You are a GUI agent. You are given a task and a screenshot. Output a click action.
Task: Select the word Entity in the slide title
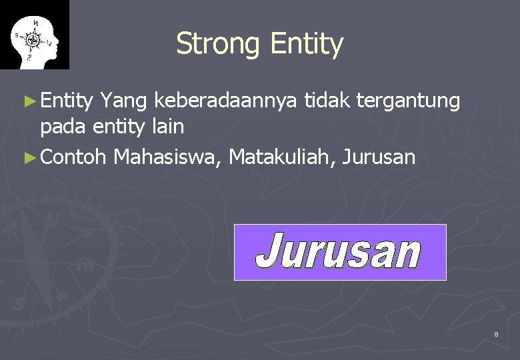tap(307, 45)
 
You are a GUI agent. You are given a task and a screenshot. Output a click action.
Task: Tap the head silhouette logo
tap(34, 35)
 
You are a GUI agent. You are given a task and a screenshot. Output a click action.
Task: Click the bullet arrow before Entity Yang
tap(28, 102)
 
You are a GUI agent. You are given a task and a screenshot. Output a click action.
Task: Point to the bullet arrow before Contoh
tap(28, 159)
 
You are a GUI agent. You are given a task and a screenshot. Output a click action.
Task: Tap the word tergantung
tap(408, 102)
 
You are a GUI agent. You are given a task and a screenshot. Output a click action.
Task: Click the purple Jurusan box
tap(339, 252)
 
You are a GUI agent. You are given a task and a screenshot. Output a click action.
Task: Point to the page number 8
tap(496, 333)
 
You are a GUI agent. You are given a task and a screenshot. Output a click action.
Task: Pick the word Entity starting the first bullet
tap(66, 101)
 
